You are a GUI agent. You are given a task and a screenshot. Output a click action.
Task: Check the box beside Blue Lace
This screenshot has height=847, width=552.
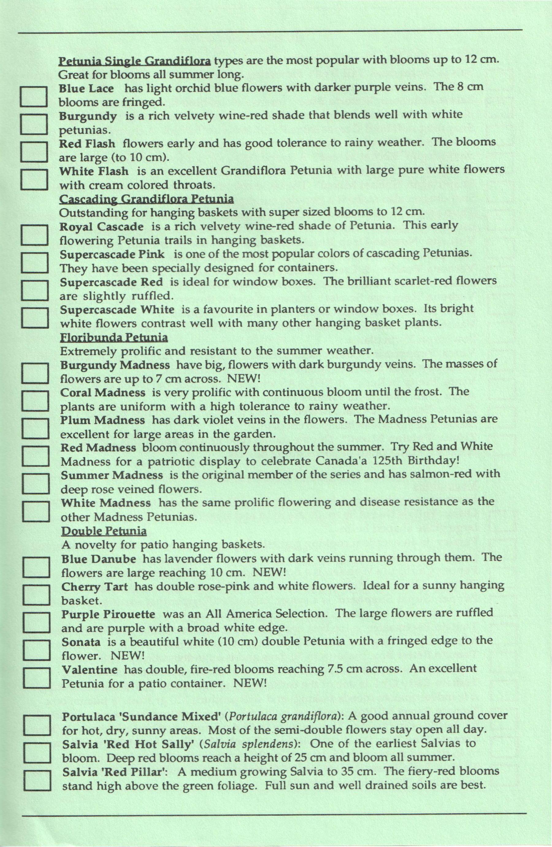[x=34, y=96]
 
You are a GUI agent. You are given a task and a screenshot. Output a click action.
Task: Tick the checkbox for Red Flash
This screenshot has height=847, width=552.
[x=34, y=151]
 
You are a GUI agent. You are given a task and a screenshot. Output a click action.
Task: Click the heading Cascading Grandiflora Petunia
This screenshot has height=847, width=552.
[x=146, y=199]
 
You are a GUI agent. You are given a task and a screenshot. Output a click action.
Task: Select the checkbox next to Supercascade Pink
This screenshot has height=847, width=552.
[x=34, y=262]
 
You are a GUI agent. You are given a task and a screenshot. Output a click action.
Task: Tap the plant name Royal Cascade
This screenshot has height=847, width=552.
[x=102, y=227]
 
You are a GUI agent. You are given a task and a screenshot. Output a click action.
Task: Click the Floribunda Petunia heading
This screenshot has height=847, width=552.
[x=114, y=337]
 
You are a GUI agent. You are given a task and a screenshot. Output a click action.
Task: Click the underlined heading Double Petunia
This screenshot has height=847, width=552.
[x=104, y=531]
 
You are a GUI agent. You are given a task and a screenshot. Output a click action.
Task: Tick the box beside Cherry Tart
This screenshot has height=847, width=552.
[x=36, y=595]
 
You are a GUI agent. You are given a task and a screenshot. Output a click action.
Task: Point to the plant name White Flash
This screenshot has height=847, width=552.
[x=94, y=172]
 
